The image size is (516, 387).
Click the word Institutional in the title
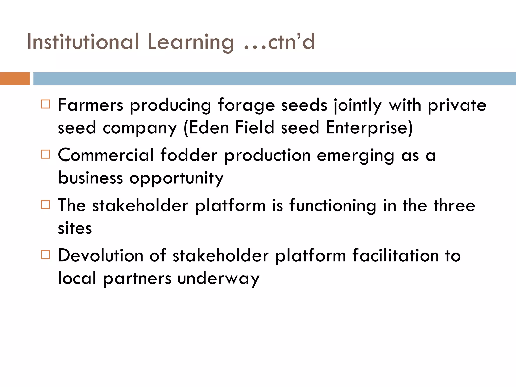[x=83, y=42]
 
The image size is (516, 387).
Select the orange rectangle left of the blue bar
[x=15, y=79]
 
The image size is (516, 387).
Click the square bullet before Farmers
[x=45, y=104]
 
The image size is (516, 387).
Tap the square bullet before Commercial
[x=45, y=154]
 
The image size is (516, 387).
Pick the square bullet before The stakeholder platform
[x=45, y=204]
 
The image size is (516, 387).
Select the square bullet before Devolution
[x=45, y=255]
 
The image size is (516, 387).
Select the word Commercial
[x=106, y=155]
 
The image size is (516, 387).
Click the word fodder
[x=189, y=155]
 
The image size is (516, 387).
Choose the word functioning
[x=333, y=206]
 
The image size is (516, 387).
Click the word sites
[x=75, y=228]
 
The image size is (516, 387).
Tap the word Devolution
[x=101, y=256]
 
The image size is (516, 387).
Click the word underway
[x=218, y=279]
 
